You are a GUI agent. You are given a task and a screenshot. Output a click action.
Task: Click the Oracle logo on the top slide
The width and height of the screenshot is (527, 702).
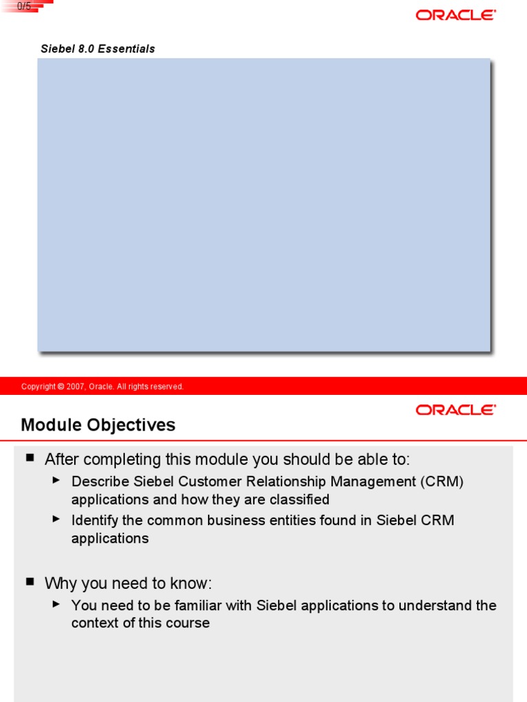[x=456, y=15]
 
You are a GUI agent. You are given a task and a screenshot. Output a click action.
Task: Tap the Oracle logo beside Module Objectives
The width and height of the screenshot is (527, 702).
[x=456, y=410]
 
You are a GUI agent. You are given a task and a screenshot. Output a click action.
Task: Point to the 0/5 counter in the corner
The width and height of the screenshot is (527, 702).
[x=25, y=5]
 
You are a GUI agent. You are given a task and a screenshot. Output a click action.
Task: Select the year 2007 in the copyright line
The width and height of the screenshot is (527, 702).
[x=75, y=387]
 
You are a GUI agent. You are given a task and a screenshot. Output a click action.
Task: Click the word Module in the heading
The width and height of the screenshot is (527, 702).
[x=50, y=425]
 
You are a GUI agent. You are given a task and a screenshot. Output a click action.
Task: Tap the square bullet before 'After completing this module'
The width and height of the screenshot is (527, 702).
[x=30, y=457]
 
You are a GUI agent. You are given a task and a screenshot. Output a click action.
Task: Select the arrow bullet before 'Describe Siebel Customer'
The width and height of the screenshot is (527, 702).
[x=56, y=481]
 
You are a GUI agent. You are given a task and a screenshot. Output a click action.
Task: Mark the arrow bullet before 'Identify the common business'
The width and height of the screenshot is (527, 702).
[x=56, y=519]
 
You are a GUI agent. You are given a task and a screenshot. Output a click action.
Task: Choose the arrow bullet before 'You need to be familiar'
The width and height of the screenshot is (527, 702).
[x=56, y=604]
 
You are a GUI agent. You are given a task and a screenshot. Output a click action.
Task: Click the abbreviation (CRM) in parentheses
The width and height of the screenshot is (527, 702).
[x=443, y=482]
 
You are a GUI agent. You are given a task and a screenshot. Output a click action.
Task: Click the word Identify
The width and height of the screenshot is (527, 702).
[x=95, y=520]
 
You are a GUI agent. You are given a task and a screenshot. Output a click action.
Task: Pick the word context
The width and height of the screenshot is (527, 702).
[x=95, y=623]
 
